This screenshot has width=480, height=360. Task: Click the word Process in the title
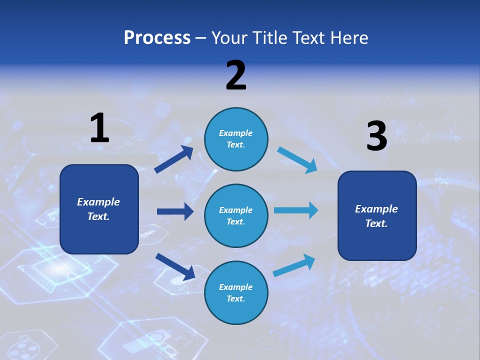tap(157, 38)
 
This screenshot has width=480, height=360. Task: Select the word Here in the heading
tap(349, 37)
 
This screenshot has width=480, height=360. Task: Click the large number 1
tap(100, 127)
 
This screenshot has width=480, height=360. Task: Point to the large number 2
tap(236, 75)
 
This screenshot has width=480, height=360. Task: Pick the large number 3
tap(377, 135)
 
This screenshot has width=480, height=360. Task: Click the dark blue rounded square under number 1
tap(99, 209)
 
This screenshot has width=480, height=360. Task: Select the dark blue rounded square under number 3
tap(377, 216)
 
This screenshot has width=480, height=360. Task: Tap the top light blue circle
tap(236, 139)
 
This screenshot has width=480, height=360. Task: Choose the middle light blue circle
tap(236, 216)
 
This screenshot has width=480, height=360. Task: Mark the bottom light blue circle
tap(236, 292)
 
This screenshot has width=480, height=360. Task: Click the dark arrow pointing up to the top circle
tap(173, 159)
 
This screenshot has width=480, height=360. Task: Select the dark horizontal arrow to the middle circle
tap(175, 211)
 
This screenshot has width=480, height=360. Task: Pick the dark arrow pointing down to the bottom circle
tap(175, 267)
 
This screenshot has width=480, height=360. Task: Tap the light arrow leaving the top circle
tap(297, 160)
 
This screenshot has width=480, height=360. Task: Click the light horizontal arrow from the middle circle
tap(296, 210)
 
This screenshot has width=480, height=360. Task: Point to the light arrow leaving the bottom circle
tap(294, 265)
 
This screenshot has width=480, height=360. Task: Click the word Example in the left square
tap(98, 202)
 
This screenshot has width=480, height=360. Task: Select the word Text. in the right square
tap(376, 223)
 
